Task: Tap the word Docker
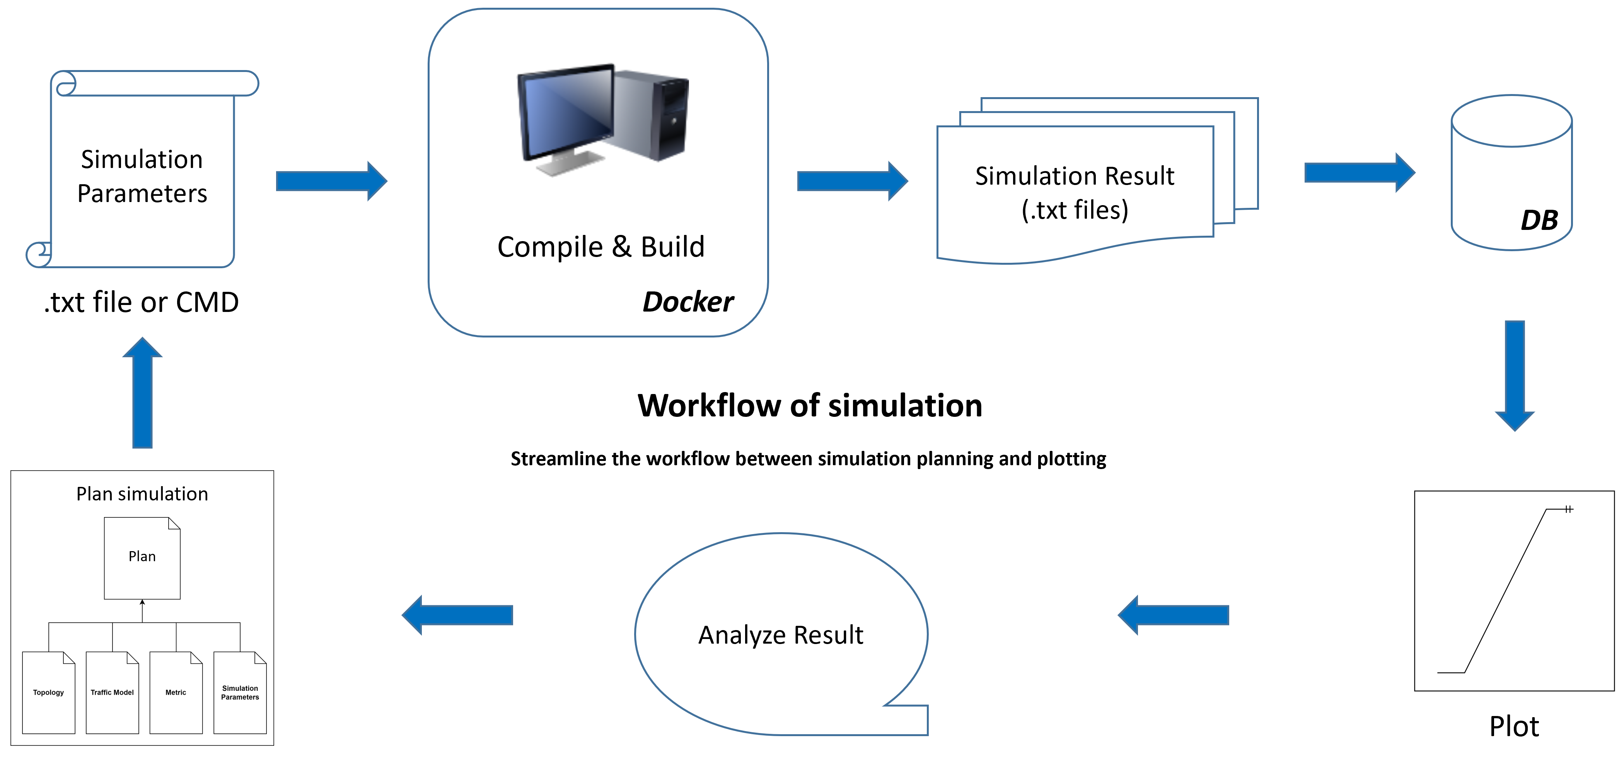688,301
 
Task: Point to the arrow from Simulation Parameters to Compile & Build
332,181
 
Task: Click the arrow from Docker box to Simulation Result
852,181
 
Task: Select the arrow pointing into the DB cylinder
1360,172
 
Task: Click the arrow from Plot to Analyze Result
1173,615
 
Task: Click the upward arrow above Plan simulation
142,392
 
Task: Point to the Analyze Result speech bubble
781,634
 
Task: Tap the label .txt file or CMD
141,302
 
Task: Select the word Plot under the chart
1514,726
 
